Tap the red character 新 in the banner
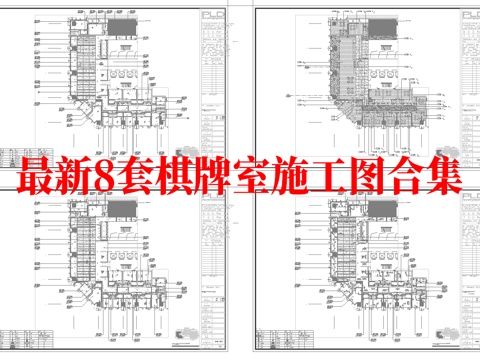pyautogui.click(x=72, y=174)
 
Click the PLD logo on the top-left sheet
pyautogui.click(x=213, y=15)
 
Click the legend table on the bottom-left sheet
pyautogui.click(x=213, y=250)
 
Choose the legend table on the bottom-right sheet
pyautogui.click(x=443, y=250)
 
